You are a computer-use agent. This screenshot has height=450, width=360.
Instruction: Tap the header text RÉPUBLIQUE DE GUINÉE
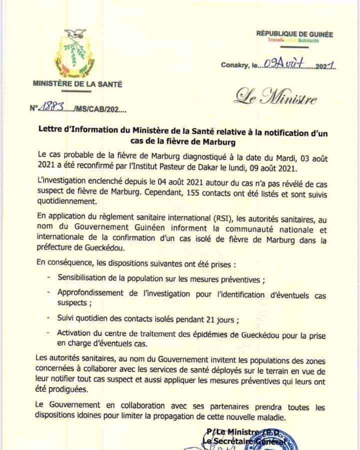click(x=294, y=34)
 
